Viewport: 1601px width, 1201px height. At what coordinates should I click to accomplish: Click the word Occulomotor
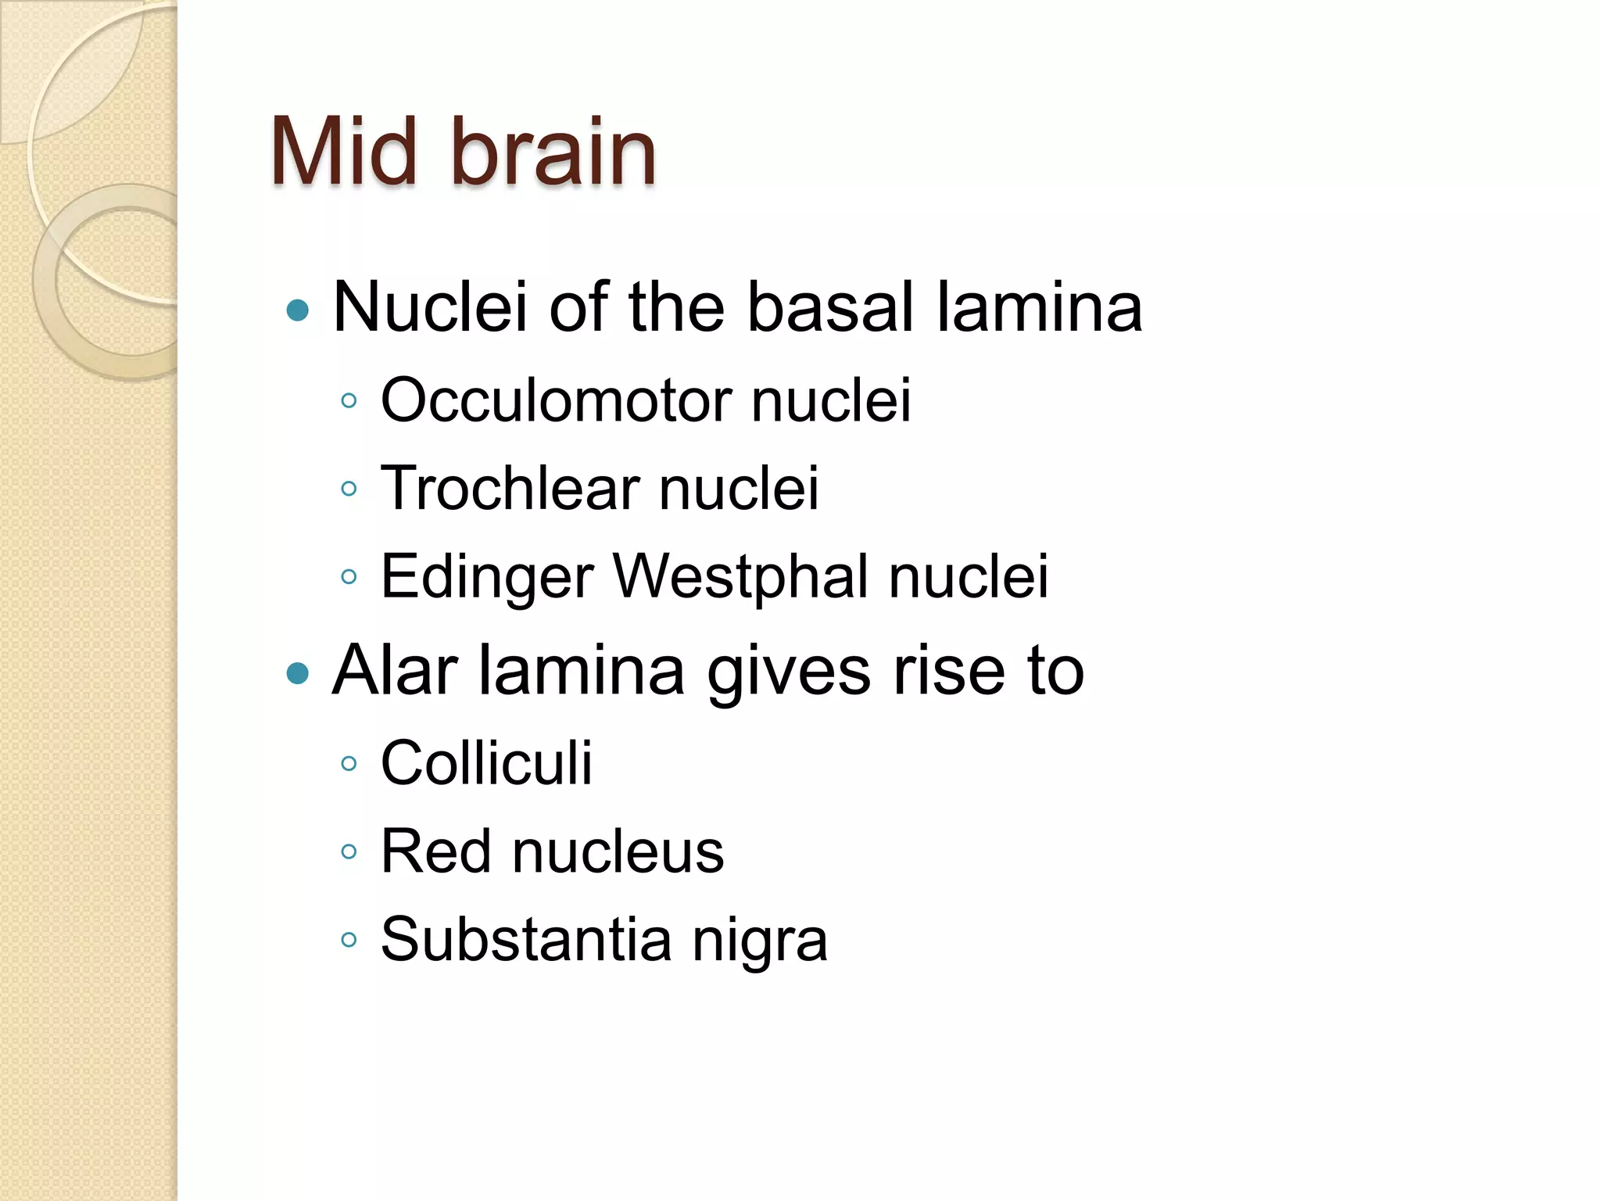(x=557, y=400)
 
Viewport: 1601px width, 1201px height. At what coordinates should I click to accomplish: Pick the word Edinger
(x=488, y=577)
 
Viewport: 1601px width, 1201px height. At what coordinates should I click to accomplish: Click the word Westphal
(x=740, y=577)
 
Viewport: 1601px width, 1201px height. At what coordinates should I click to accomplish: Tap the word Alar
(x=395, y=670)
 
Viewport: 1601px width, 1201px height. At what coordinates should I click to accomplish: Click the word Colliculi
(x=486, y=763)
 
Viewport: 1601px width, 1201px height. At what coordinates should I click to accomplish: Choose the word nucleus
(x=618, y=851)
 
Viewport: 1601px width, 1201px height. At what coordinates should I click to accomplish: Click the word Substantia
(x=526, y=939)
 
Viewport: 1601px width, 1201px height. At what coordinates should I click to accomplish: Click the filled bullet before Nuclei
(x=298, y=311)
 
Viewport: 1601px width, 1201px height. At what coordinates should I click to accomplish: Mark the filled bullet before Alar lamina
(x=298, y=673)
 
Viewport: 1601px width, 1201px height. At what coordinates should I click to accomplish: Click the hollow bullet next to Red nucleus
(x=349, y=852)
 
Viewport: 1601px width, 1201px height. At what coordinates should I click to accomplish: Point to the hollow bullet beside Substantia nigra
(x=349, y=940)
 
